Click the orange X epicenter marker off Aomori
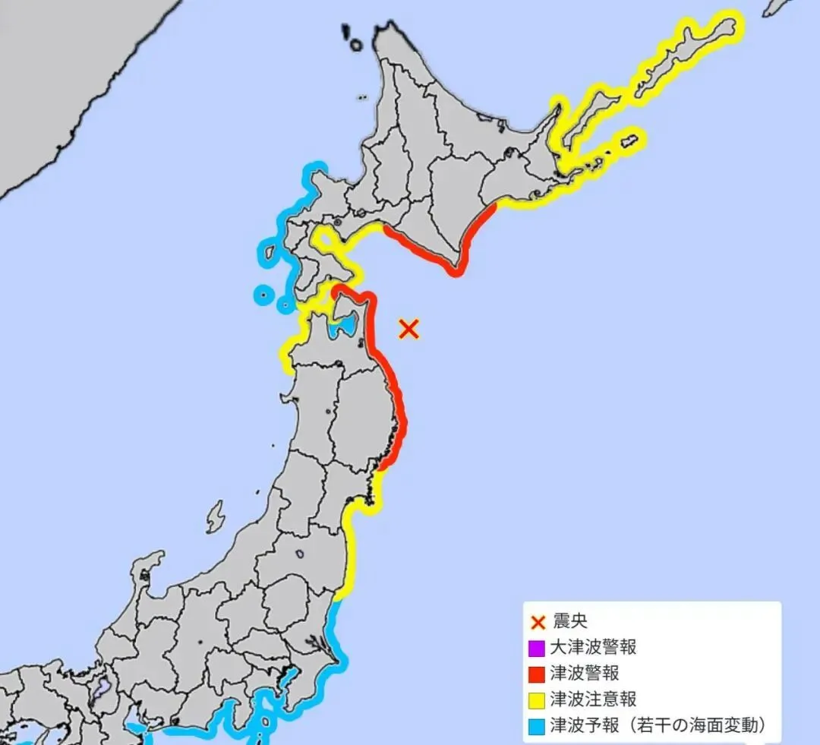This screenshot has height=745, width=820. click(409, 329)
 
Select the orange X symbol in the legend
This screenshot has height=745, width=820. click(538, 623)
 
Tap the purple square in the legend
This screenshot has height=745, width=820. click(537, 649)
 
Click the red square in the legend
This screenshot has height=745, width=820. click(537, 674)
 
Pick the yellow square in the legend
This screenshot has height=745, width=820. click(537, 699)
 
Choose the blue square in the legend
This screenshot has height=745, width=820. click(537, 724)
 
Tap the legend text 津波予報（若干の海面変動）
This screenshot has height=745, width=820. click(656, 724)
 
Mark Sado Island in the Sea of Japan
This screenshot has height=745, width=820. click(216, 516)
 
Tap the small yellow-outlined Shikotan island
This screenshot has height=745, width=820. click(629, 141)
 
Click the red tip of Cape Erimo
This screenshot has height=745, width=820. click(455, 270)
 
